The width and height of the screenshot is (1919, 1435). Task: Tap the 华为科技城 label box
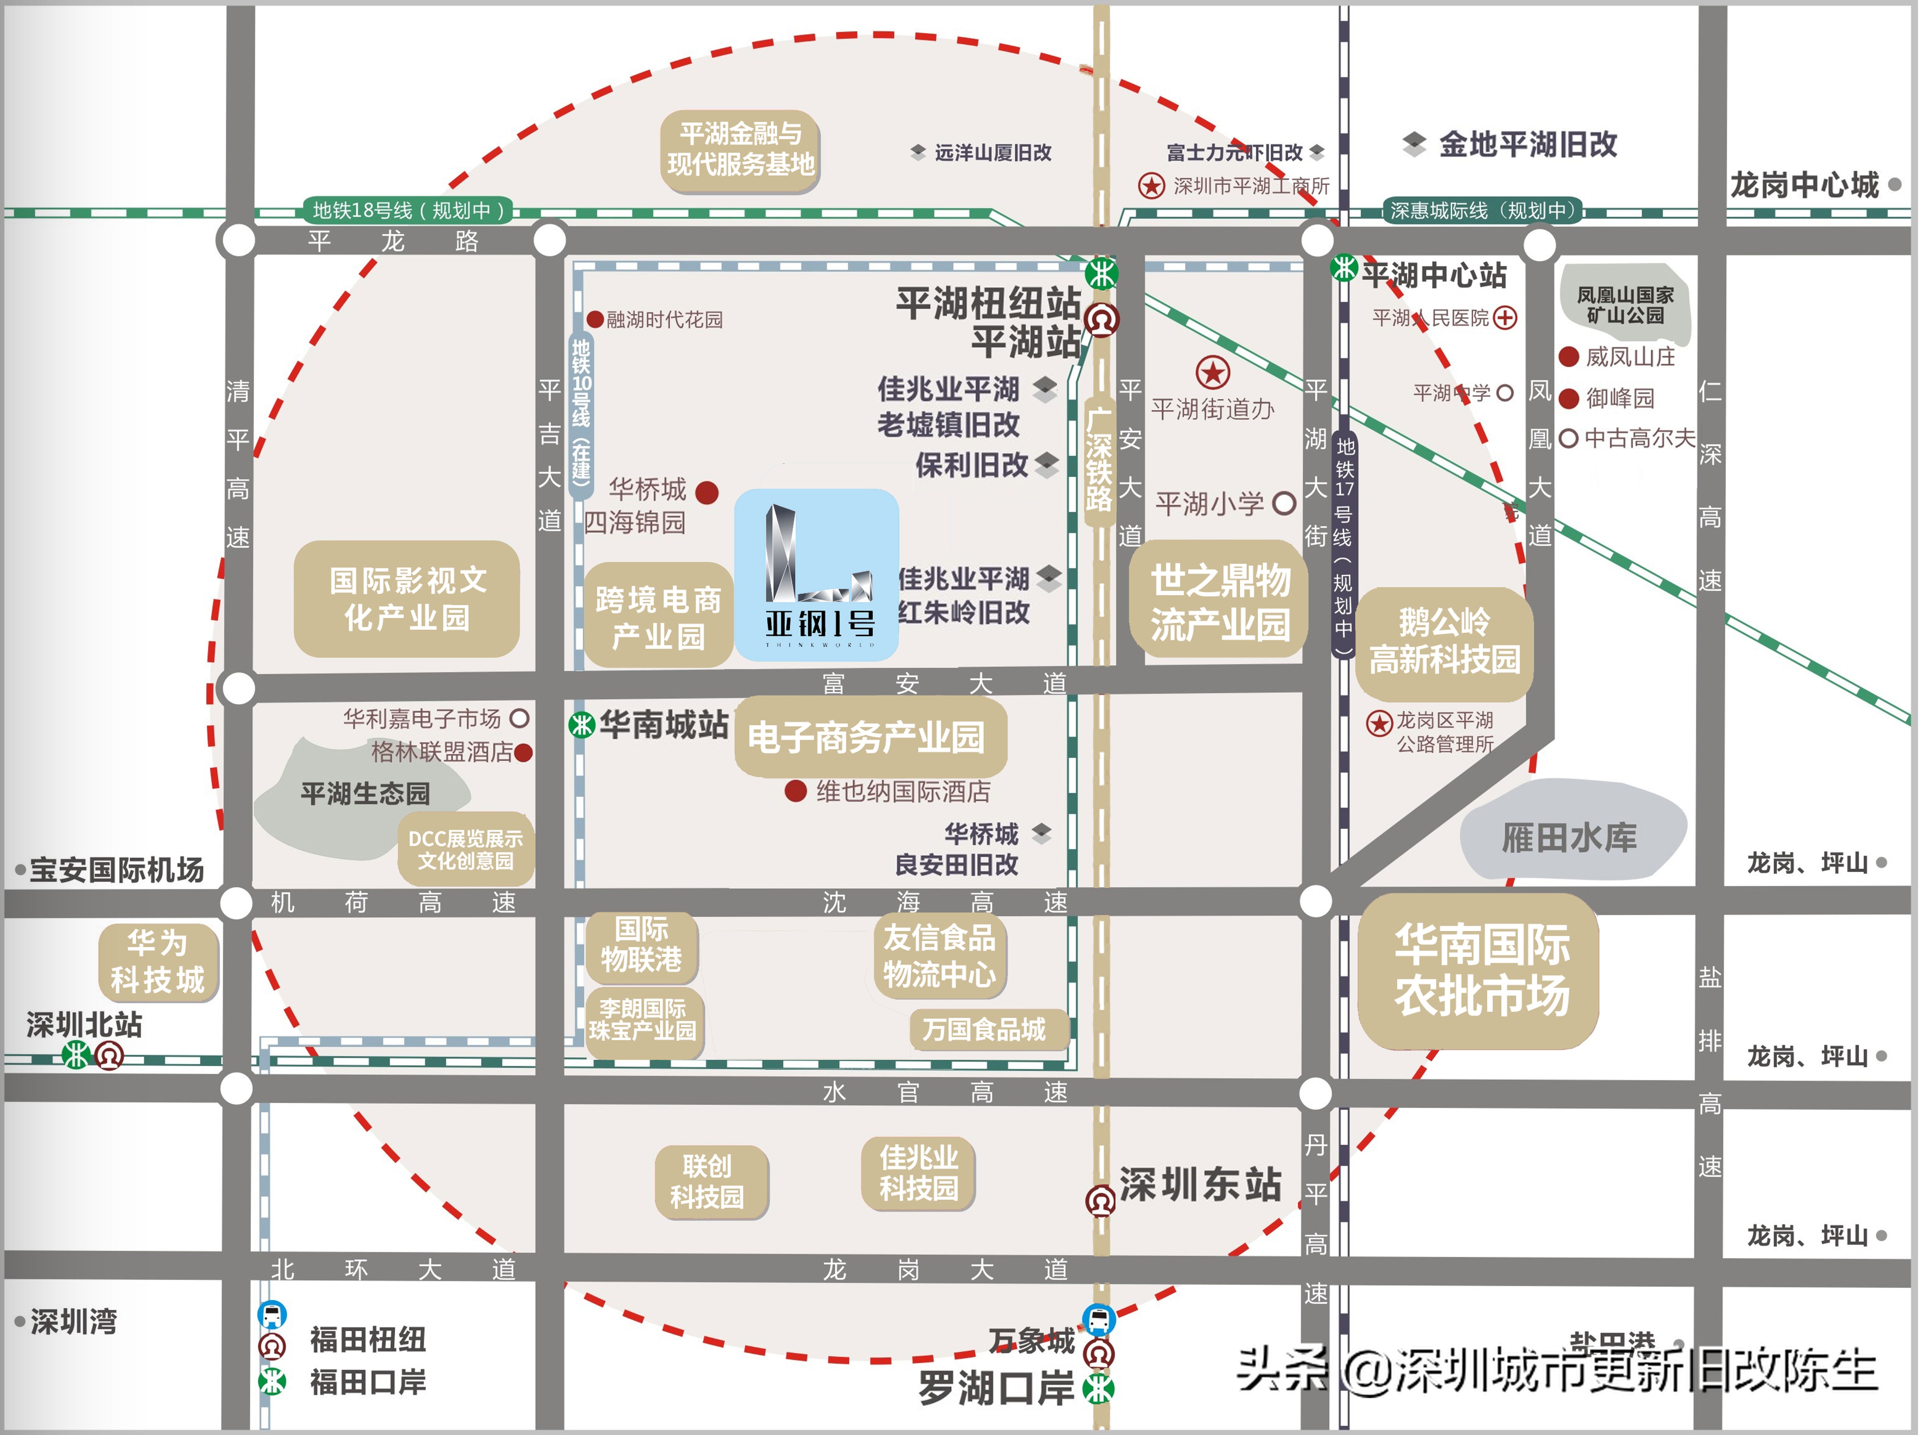[158, 961]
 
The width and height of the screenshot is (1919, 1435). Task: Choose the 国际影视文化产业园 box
[407, 599]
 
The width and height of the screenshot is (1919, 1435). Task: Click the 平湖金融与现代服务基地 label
[740, 149]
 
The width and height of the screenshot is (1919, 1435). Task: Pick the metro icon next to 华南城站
[581, 724]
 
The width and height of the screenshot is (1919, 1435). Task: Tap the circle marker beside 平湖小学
[1284, 503]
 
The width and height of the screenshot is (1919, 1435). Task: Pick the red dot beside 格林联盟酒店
[523, 752]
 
